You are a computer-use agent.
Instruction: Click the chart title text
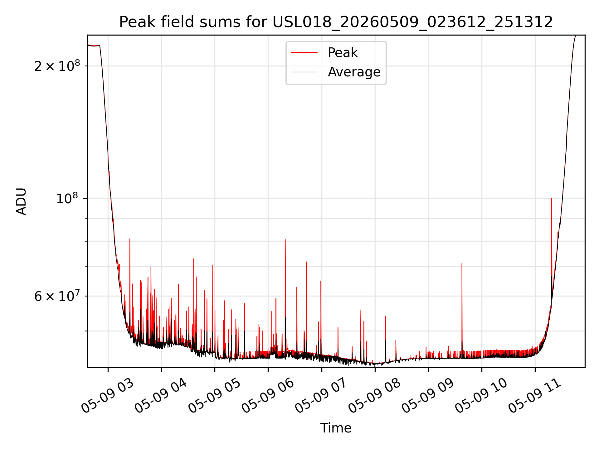click(336, 22)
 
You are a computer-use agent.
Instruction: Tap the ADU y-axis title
click(22, 201)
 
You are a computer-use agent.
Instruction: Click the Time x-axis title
click(336, 428)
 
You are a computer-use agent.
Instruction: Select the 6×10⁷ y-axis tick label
click(57, 296)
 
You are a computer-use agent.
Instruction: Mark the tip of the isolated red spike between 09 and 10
click(462, 263)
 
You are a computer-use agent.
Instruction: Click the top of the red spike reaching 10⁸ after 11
click(552, 198)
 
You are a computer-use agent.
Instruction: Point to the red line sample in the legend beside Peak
click(304, 53)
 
